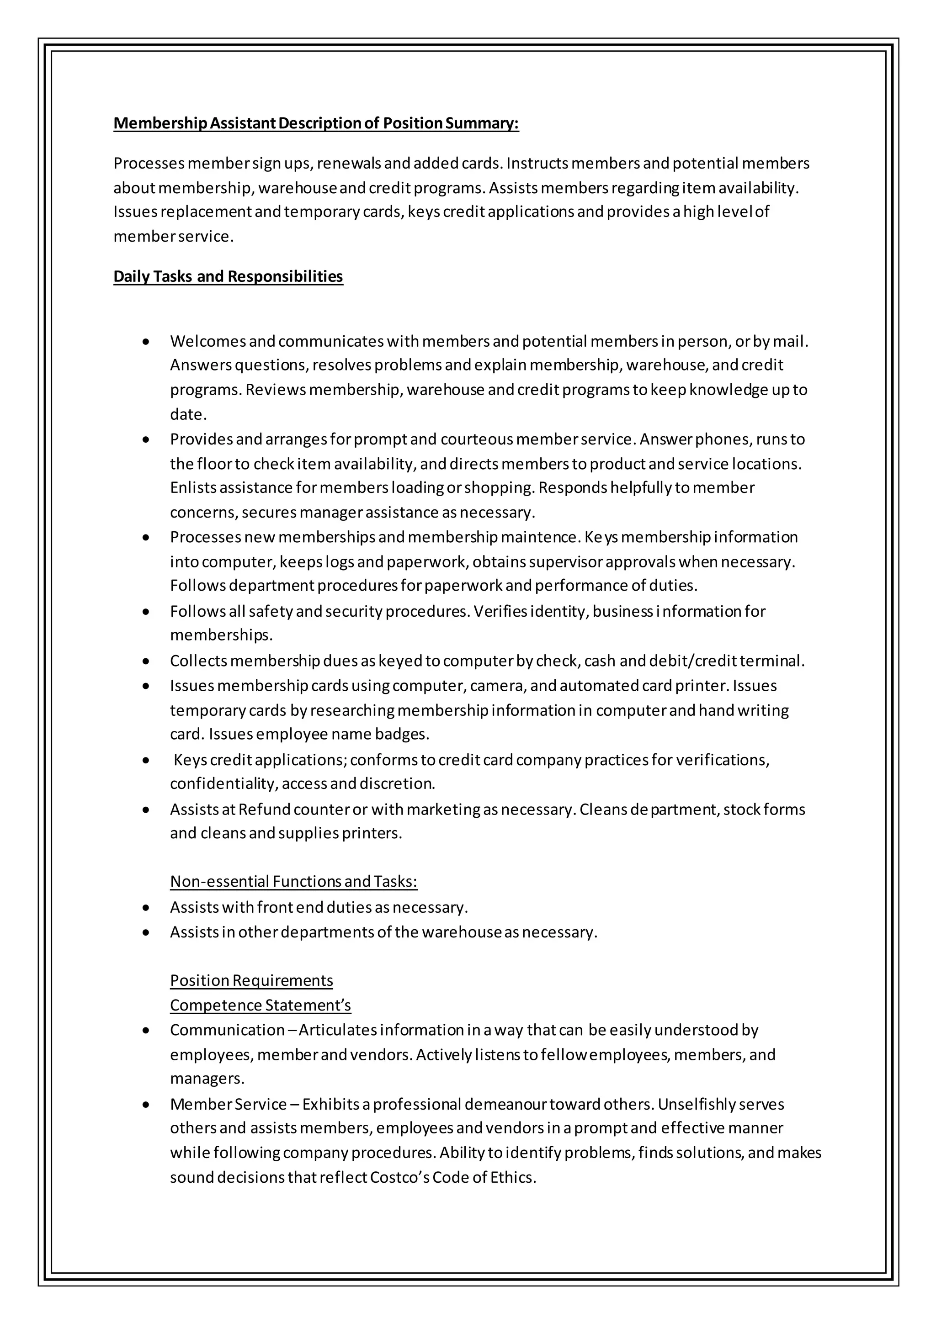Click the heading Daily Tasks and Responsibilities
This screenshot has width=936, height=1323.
228,276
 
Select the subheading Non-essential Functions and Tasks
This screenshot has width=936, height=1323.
293,881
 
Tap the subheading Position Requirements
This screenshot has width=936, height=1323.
251,980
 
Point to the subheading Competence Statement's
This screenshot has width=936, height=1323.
260,1005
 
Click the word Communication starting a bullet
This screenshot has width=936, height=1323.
227,1030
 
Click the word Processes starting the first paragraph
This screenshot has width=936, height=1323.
148,164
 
